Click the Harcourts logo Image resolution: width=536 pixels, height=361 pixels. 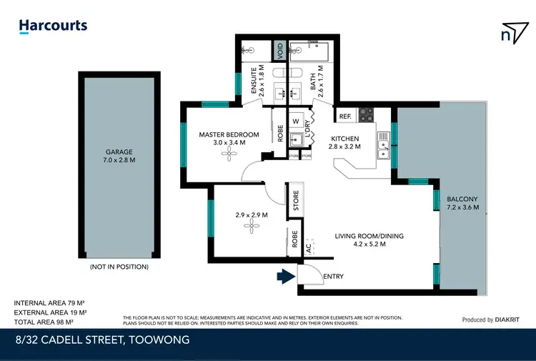pyautogui.click(x=53, y=26)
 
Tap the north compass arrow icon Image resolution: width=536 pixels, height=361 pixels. pyautogui.click(x=508, y=33)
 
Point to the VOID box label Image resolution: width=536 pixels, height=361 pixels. pyautogui.click(x=281, y=51)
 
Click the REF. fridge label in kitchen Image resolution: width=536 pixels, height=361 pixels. pyautogui.click(x=344, y=117)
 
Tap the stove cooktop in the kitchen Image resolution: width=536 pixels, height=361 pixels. pyautogui.click(x=366, y=113)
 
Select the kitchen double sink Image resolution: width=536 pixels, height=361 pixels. pyautogui.click(x=384, y=148)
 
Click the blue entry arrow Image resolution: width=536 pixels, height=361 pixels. pyautogui.click(x=286, y=276)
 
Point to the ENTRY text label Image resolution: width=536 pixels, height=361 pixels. pyautogui.click(x=333, y=277)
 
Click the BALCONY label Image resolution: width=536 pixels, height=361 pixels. pyautogui.click(x=462, y=199)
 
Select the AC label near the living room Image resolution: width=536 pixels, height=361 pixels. pyautogui.click(x=308, y=249)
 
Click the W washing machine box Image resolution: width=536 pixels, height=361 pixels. pyautogui.click(x=295, y=121)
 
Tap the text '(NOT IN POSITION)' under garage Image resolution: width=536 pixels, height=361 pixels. pyautogui.click(x=119, y=267)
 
